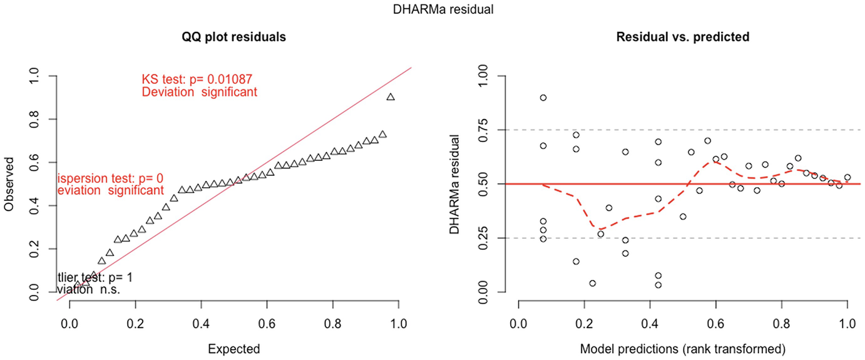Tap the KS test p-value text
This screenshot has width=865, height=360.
point(197,80)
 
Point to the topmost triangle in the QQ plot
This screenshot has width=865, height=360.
point(391,97)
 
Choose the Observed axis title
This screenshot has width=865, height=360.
point(9,184)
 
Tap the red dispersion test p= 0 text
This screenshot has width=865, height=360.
point(110,178)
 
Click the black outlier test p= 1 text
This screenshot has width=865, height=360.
point(95,277)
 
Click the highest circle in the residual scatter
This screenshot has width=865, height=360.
point(543,98)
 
